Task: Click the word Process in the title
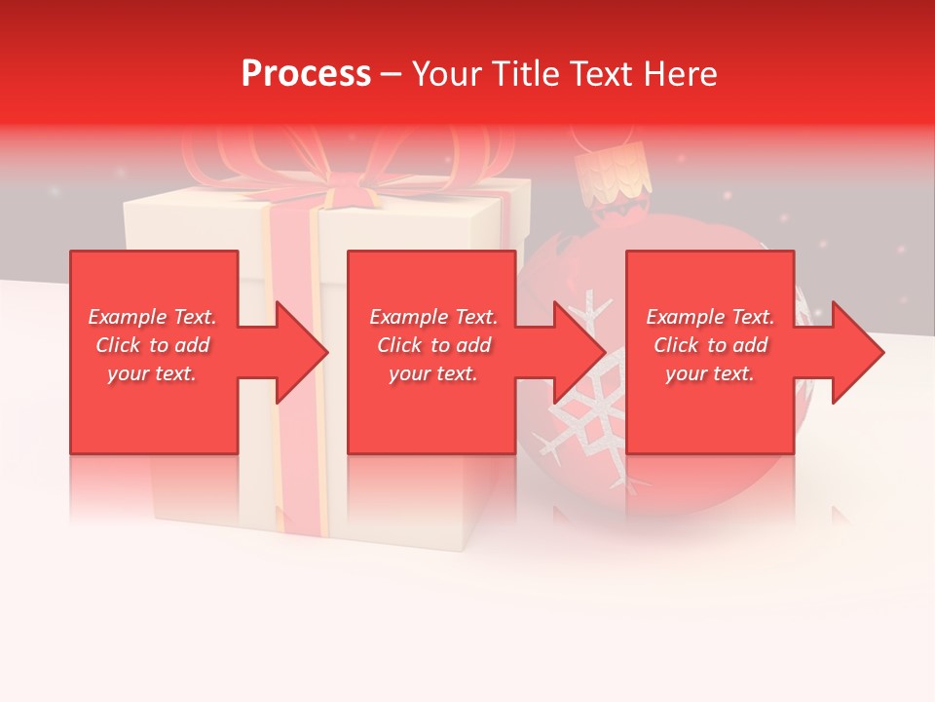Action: [x=306, y=74]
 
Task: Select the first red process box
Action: [x=154, y=409]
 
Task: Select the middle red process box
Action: [x=431, y=409]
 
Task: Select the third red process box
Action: [x=710, y=409]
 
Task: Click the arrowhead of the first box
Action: [x=302, y=352]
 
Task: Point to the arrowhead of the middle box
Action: [x=580, y=352]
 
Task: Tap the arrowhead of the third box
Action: [x=858, y=352]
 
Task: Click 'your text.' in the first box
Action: [x=152, y=373]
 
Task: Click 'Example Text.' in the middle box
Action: [x=433, y=317]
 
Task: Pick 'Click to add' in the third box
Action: [x=711, y=345]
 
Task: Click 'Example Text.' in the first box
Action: [x=152, y=317]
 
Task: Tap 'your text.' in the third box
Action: [x=710, y=373]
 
